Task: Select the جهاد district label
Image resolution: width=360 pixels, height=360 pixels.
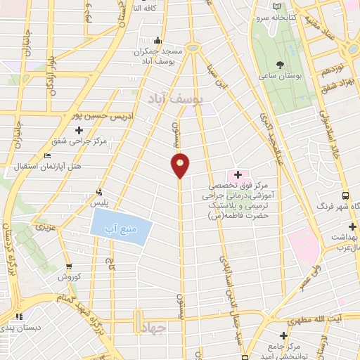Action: [152, 332]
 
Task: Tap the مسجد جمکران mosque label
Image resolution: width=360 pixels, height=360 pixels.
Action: [163, 51]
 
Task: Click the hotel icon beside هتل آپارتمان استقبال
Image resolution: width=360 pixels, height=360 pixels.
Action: [47, 155]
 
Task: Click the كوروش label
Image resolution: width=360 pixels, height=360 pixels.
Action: [70, 277]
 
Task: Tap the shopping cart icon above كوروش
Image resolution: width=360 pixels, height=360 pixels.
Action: [69, 266]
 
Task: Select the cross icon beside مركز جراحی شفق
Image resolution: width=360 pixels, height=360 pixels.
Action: [79, 130]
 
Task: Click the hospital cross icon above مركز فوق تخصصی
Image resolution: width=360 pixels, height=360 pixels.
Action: [238, 174]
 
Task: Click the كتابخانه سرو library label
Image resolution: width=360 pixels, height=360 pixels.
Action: [293, 15]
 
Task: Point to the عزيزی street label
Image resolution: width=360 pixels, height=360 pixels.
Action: [46, 227]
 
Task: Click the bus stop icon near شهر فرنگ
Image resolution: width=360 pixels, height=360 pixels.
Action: [345, 195]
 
